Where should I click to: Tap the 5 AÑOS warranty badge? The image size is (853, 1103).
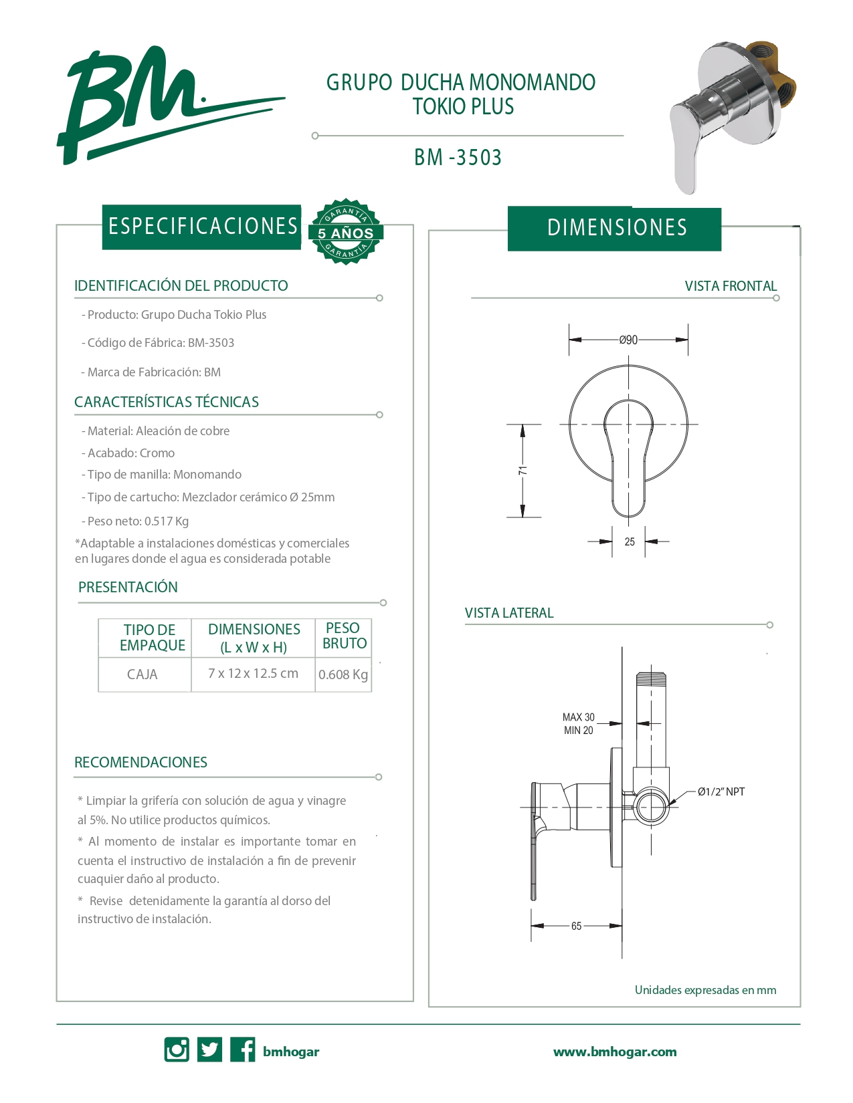pos(345,232)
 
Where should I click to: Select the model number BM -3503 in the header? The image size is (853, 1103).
pos(458,158)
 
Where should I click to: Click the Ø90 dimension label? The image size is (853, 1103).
pos(628,340)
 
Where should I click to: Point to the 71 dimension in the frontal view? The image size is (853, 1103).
pos(523,471)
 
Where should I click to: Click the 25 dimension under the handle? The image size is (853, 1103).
pos(630,542)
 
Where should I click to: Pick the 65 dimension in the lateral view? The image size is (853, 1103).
pos(576,926)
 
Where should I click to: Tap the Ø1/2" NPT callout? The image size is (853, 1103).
pos(721,792)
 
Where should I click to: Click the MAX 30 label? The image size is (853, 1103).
pos(578,717)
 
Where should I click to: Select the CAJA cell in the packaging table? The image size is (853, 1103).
pos(143,675)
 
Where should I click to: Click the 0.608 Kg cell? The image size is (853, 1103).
pos(343,675)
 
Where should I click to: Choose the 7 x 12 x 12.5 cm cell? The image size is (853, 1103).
pos(253,674)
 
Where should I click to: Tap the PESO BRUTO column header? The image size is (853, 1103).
pos(344,636)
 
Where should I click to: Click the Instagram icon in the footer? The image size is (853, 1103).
pos(177,1050)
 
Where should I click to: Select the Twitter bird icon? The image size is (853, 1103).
pos(209,1050)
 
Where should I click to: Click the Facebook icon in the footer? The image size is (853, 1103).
pos(242,1050)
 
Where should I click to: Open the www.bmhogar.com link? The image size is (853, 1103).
pos(615,1052)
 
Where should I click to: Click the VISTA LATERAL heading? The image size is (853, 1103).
pos(509,613)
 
